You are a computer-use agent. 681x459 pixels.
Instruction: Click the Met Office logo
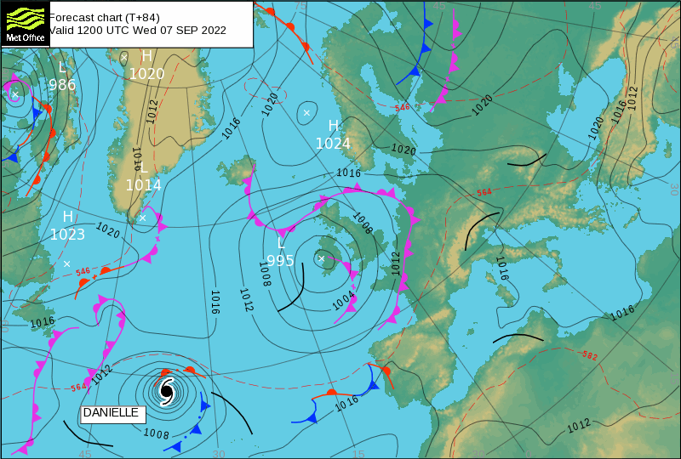pos(24,23)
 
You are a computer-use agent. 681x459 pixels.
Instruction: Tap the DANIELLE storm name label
pos(111,413)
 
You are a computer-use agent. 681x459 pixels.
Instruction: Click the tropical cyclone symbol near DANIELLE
pos(166,391)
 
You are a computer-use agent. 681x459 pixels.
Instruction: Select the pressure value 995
pos(280,260)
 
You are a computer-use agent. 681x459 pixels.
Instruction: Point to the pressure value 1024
pos(333,144)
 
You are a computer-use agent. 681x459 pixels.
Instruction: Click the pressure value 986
pos(62,85)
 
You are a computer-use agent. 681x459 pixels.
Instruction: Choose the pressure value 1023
pos(67,235)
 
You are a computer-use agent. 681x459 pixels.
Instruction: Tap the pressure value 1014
pos(143,184)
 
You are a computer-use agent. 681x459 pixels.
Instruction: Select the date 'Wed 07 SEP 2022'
pos(179,31)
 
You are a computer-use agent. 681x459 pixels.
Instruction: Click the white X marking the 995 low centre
pos(321,258)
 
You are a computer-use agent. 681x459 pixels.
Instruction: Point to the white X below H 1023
pos(66,263)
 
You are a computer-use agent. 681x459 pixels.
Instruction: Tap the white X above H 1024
pos(307,112)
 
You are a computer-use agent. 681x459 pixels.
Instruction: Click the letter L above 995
pos(280,243)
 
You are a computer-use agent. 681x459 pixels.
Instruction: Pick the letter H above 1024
pos(334,126)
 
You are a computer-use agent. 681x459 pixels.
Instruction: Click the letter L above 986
pos(61,67)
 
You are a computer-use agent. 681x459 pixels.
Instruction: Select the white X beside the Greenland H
pos(124,57)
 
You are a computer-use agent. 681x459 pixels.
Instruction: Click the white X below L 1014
pos(142,218)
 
